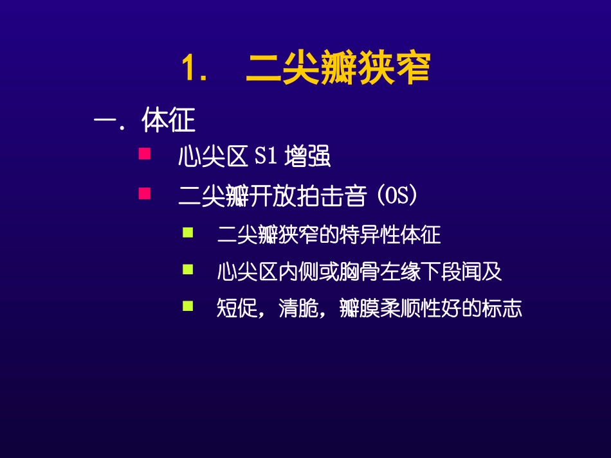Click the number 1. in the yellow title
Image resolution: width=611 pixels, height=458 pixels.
click(194, 69)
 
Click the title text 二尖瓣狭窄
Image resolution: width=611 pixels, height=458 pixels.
click(338, 69)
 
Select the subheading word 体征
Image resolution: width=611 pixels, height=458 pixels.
click(169, 121)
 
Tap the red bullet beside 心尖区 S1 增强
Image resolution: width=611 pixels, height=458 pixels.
click(145, 154)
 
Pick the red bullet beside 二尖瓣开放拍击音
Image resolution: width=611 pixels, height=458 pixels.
click(145, 192)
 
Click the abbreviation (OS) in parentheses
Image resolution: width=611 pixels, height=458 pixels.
click(399, 196)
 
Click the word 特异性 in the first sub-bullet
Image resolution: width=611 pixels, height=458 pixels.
click(374, 235)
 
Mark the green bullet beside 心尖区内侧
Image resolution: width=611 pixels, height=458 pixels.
click(188, 269)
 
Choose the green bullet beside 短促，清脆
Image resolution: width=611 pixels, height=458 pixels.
click(188, 306)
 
